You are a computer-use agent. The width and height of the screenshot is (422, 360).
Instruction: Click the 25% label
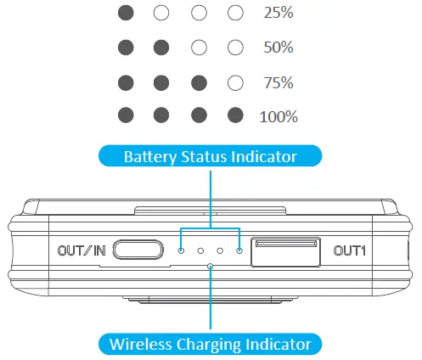(279, 14)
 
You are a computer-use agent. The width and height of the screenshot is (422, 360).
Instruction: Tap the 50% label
(279, 48)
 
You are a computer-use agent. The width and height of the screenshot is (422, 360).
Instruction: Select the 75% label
(279, 83)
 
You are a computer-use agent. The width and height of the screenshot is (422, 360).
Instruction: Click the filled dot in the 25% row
(126, 14)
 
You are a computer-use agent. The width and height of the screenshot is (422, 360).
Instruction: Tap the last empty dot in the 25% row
(236, 14)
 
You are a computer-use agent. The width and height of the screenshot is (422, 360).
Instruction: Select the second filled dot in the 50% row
(162, 48)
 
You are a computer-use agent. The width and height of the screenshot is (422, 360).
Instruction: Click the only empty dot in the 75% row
(236, 83)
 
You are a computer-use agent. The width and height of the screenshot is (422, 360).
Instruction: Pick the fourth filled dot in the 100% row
(236, 115)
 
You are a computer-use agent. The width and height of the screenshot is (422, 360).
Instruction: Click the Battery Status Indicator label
(210, 157)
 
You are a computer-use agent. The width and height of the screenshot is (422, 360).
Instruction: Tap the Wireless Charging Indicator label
(211, 344)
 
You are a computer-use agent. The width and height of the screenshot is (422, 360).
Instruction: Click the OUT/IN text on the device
(82, 250)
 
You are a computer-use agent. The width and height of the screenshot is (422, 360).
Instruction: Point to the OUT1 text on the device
(349, 250)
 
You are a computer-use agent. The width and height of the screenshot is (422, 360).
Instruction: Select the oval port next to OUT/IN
(138, 250)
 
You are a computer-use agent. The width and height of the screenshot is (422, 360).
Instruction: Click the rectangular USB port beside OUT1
(286, 250)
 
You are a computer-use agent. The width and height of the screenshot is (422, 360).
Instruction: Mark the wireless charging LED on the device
(211, 265)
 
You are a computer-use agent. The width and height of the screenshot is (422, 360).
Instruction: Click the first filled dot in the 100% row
(126, 115)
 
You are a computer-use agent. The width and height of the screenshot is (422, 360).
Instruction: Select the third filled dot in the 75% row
(199, 83)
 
